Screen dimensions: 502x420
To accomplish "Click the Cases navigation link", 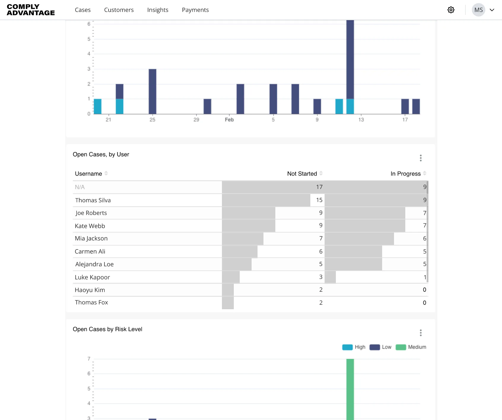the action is [x=83, y=10].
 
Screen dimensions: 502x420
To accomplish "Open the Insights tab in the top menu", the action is [x=158, y=10].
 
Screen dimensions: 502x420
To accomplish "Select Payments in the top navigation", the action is [x=195, y=10].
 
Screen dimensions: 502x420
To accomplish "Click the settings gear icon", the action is [x=451, y=10].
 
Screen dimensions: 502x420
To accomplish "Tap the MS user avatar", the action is [x=479, y=10].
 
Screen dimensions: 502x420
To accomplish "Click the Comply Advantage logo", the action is [x=31, y=10].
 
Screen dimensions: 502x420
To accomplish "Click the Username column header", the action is [x=88, y=174].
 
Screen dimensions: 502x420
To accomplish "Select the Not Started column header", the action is [x=302, y=174].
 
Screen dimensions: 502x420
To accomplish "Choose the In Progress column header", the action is [x=406, y=174].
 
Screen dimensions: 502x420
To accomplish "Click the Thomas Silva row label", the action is [x=93, y=200].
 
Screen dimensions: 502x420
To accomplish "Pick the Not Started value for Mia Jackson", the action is [x=321, y=238].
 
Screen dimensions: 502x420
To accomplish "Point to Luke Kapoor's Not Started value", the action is [x=321, y=277].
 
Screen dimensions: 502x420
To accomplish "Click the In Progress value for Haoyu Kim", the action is [x=425, y=290].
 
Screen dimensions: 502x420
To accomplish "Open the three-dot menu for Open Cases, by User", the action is [x=421, y=158].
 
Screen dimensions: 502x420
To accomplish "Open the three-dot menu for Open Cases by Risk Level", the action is [x=421, y=333].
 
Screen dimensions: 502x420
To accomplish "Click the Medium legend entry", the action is [x=411, y=347].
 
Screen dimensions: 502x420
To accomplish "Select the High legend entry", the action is [x=354, y=347].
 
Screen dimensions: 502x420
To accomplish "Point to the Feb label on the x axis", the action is [x=229, y=120].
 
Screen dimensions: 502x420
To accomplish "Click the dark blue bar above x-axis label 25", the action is [x=152, y=92].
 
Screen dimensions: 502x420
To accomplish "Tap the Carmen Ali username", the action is [x=90, y=251].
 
